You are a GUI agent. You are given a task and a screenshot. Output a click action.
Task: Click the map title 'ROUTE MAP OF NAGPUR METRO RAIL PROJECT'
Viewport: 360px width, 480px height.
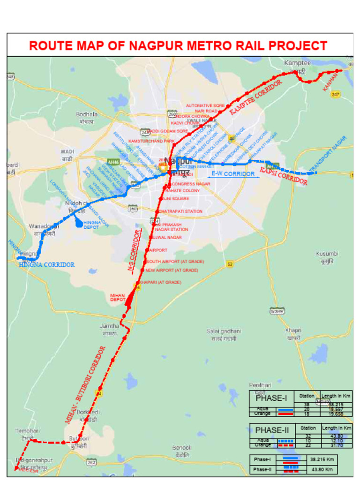click(x=178, y=46)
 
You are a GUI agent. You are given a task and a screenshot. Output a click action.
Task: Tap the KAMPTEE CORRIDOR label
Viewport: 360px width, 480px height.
click(x=256, y=97)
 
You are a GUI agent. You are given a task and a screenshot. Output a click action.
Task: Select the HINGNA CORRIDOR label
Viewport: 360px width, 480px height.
click(x=47, y=265)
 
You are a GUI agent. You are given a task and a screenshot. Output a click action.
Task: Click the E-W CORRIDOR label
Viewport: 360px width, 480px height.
click(x=233, y=174)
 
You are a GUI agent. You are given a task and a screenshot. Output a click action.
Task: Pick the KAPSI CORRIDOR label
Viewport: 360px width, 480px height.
click(x=284, y=175)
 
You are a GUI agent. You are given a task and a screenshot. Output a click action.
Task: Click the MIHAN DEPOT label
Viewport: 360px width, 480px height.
click(x=118, y=297)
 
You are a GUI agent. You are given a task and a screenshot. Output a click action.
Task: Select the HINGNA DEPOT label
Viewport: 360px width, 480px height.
click(x=92, y=225)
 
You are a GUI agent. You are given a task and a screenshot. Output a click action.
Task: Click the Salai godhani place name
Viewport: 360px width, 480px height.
click(x=224, y=331)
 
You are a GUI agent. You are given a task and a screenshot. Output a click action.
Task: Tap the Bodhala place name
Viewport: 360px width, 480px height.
click(x=87, y=114)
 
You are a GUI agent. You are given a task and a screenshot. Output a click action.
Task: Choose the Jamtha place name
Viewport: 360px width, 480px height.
click(x=109, y=326)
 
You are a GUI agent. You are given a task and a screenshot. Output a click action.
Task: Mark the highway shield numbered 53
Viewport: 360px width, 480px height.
click(x=230, y=264)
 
